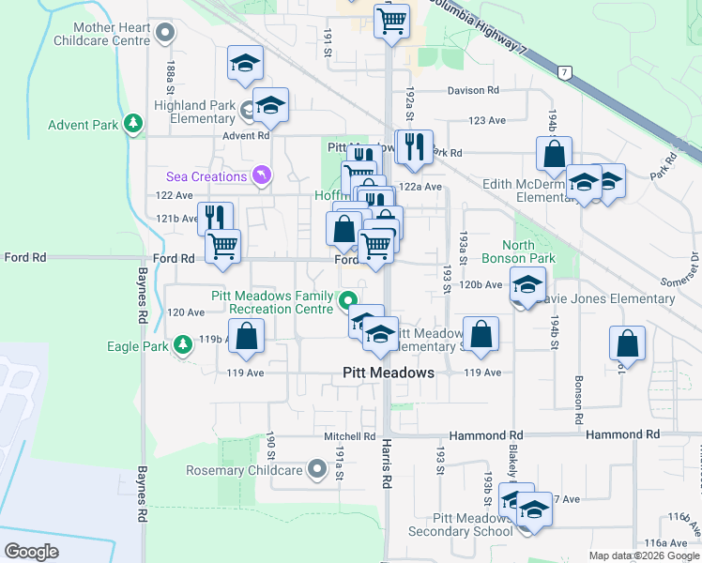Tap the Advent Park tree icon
[x=133, y=124]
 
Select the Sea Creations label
[x=205, y=176]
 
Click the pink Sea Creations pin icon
[x=260, y=175]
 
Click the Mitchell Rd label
[x=350, y=436]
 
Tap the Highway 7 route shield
[x=564, y=72]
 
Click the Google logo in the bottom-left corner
[x=31, y=552]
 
